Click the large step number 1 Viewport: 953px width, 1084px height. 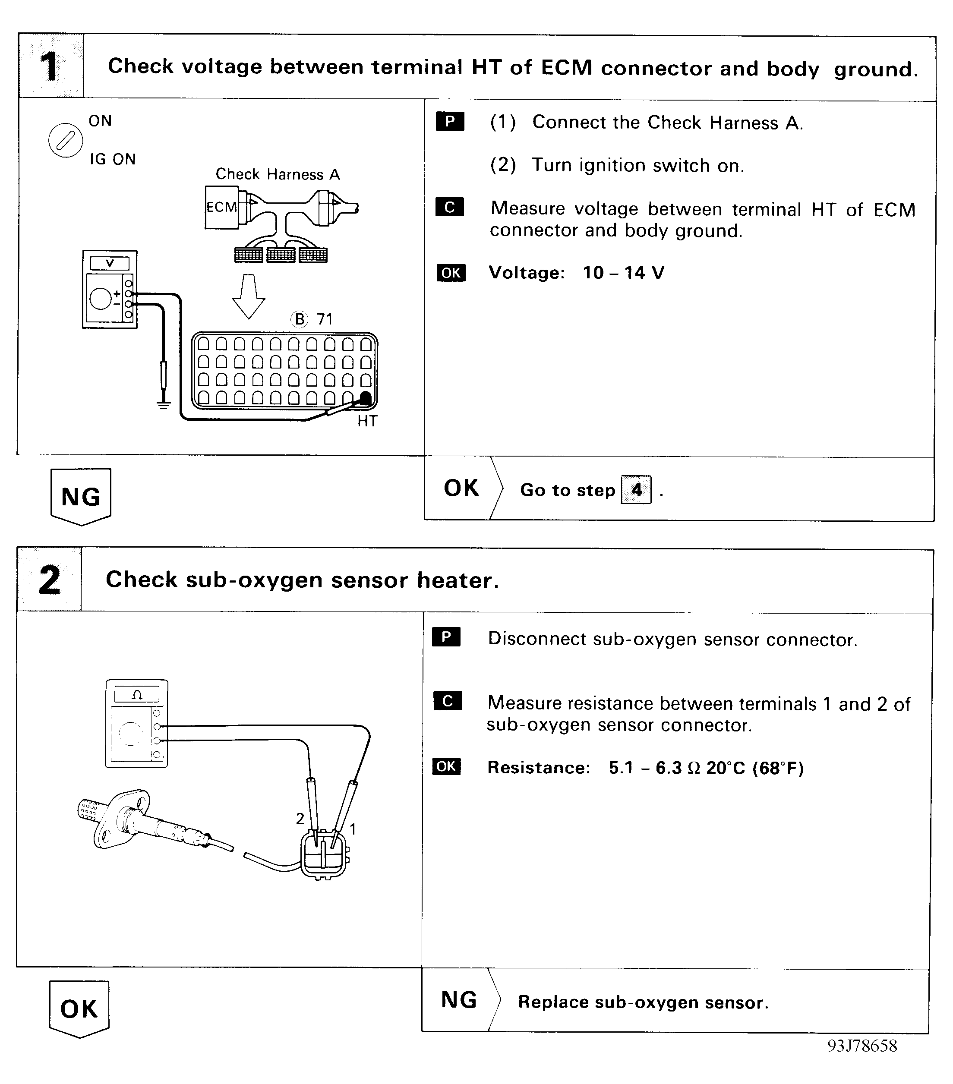[x=50, y=66]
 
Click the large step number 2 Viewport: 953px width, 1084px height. [x=49, y=580]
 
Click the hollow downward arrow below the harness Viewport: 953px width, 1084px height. [x=248, y=296]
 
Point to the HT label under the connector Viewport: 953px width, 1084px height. [x=367, y=421]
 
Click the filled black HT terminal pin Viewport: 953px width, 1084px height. [x=366, y=398]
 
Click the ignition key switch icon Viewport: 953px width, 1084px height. [x=66, y=141]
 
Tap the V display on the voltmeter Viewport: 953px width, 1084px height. [x=110, y=264]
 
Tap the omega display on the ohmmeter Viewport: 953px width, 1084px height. [x=137, y=695]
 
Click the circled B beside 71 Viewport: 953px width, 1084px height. [x=300, y=319]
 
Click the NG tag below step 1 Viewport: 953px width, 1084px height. [x=81, y=496]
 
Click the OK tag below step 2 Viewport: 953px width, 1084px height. [x=79, y=1008]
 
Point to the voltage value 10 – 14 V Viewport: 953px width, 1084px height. [x=623, y=273]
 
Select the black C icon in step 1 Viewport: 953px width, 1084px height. [x=449, y=207]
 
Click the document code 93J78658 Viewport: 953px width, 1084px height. [x=862, y=1046]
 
